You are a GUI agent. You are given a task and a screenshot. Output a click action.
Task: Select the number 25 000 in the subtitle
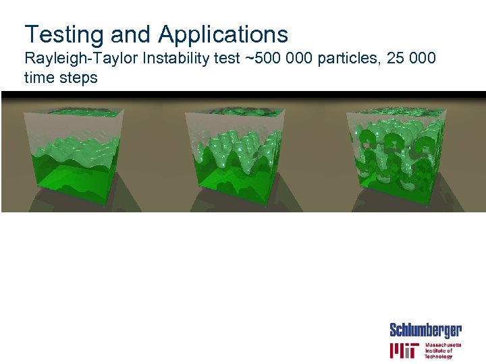(x=413, y=59)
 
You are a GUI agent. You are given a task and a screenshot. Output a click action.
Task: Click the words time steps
(x=61, y=78)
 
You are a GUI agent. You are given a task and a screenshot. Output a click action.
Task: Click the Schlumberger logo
(x=425, y=330)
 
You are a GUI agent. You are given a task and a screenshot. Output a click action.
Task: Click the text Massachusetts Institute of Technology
(x=443, y=351)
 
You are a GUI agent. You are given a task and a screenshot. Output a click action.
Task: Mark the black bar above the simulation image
(x=243, y=94)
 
